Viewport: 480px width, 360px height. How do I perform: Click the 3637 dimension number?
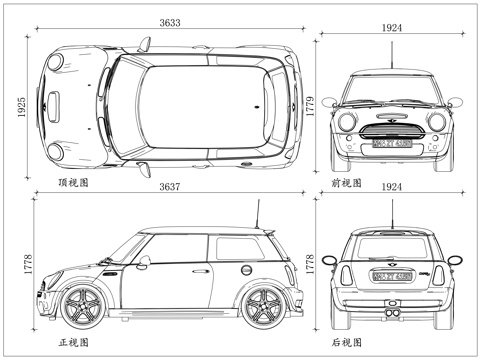click(x=168, y=188)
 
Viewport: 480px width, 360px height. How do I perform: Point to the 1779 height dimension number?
click(x=310, y=104)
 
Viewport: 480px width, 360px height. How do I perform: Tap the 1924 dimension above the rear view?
click(x=392, y=188)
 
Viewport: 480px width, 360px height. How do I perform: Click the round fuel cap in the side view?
click(x=245, y=269)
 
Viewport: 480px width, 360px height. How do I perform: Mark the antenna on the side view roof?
click(x=258, y=214)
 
